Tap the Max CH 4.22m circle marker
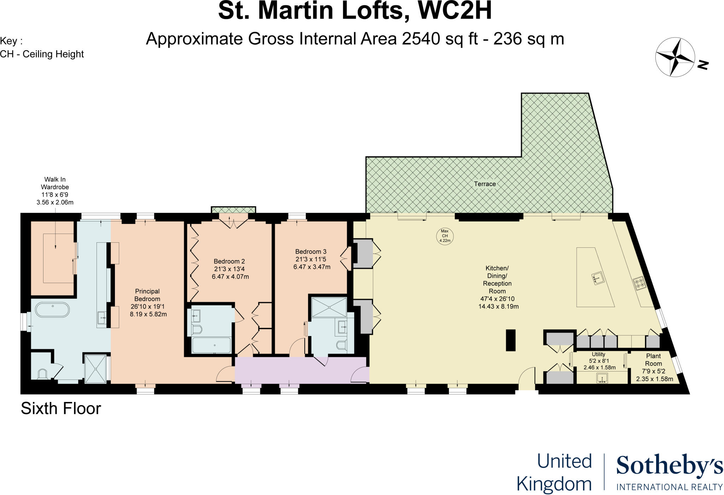coord(445,236)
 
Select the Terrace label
coord(485,184)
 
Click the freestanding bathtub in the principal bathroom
coord(52,310)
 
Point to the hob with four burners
coord(640,283)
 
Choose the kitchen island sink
coord(597,278)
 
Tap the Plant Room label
coord(653,360)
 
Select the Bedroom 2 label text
coord(229,261)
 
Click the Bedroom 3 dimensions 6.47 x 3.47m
coord(311,267)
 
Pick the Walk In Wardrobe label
coord(55,183)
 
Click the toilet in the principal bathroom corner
coord(43,374)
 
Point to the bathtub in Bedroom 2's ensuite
coord(211,345)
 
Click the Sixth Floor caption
coord(61,409)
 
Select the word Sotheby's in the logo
coord(670,466)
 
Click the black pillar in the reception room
coord(510,340)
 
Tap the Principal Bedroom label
coord(147,295)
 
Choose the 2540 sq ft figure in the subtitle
coord(440,39)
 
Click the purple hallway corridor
coord(300,370)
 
